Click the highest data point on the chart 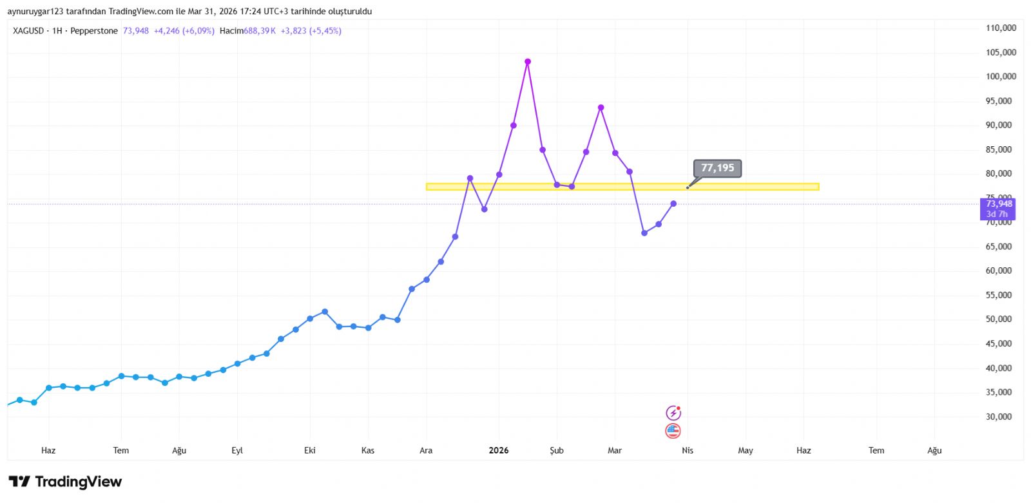[x=528, y=62]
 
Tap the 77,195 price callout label [x=717, y=168]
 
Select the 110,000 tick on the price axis [x=1001, y=28]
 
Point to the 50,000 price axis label [x=998, y=319]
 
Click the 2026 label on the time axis [x=499, y=451]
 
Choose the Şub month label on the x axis [x=557, y=451]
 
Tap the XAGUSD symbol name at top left [x=28, y=31]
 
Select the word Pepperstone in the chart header [x=94, y=31]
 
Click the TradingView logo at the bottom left [x=65, y=482]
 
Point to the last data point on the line [x=673, y=204]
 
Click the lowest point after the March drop [x=644, y=233]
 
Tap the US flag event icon [x=673, y=431]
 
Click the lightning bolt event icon [x=673, y=413]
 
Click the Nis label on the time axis [x=688, y=451]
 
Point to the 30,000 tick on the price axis [x=998, y=417]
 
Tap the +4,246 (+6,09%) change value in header [x=184, y=31]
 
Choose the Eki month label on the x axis [x=310, y=451]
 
